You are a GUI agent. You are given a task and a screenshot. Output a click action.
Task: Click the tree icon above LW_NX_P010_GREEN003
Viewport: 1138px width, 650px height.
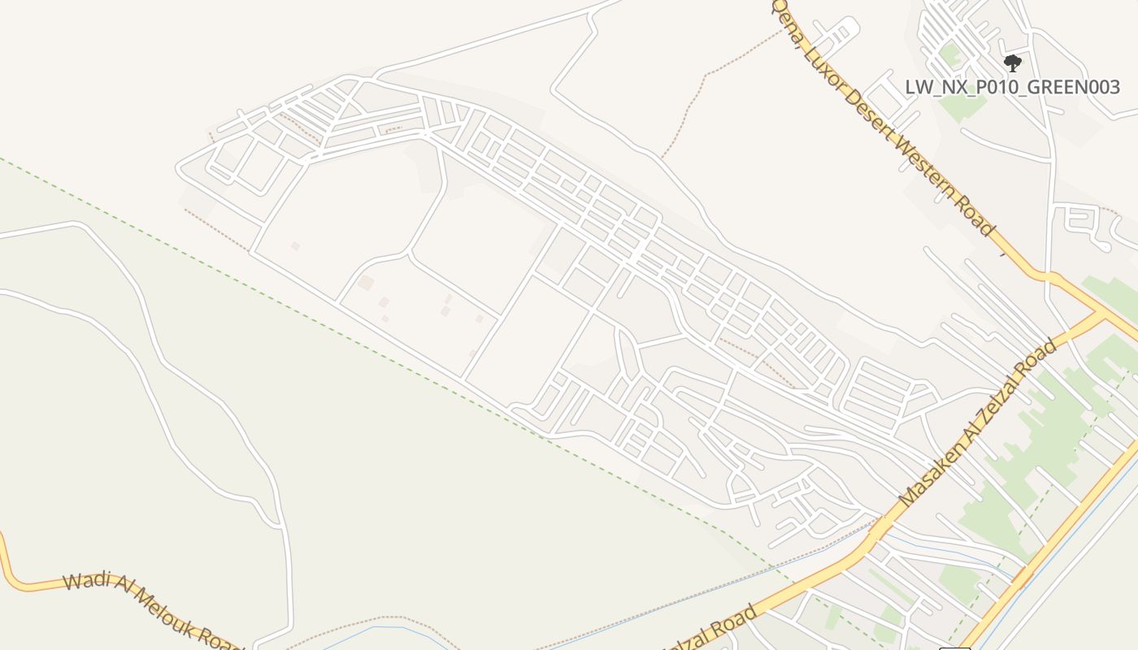point(1012,63)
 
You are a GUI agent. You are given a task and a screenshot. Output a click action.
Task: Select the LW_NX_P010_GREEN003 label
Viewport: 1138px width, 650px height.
point(1013,87)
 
